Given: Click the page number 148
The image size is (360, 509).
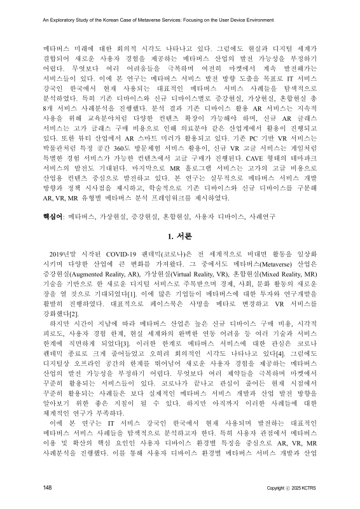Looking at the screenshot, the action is (47, 488).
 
